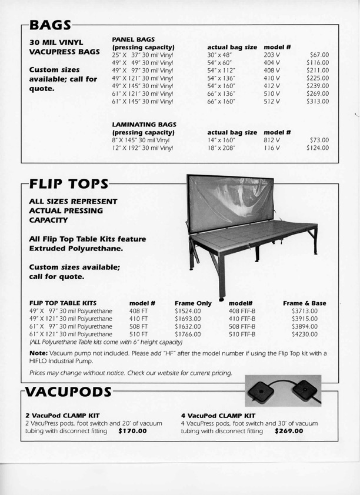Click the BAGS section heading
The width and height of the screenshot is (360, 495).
(51, 25)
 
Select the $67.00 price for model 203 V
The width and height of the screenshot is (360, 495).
(318, 55)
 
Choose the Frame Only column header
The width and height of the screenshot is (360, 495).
(193, 303)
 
